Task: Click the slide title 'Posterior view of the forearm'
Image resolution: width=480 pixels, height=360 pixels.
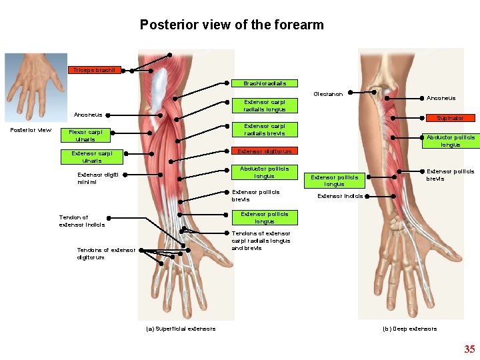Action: [x=231, y=25]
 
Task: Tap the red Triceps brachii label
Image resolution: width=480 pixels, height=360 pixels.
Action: [x=95, y=70]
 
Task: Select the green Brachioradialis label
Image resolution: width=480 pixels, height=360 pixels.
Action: [x=265, y=84]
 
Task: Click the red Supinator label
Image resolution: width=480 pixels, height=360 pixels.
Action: [x=450, y=118]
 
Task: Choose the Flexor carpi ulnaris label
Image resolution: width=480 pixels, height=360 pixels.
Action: [x=85, y=136]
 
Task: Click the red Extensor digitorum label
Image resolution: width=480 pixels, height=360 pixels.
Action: [x=265, y=151]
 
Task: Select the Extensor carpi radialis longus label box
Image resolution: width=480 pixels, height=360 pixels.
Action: [x=265, y=105]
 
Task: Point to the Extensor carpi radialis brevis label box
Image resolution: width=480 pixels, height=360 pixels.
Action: [x=265, y=129]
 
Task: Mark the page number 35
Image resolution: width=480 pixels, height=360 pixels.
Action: [x=469, y=349]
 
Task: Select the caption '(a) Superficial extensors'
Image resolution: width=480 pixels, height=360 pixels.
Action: [x=181, y=329]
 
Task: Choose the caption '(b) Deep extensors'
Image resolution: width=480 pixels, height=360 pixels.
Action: [x=409, y=329]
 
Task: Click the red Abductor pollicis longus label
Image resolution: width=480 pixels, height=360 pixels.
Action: [x=451, y=141]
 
